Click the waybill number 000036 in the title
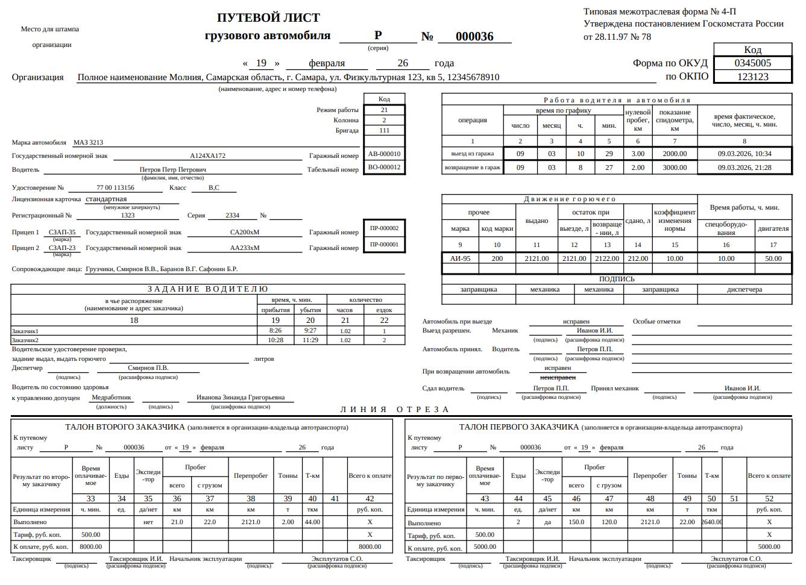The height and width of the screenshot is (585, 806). pyautogui.click(x=474, y=36)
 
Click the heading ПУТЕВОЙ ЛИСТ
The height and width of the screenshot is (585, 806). pyautogui.click(x=268, y=17)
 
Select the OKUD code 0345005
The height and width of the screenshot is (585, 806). pyautogui.click(x=752, y=63)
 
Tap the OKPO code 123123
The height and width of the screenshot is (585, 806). pyautogui.click(x=752, y=77)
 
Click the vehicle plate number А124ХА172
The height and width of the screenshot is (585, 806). pyautogui.click(x=207, y=155)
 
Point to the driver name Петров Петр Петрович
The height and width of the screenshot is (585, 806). pyautogui.click(x=172, y=170)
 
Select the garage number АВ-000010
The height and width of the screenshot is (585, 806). pyautogui.click(x=384, y=154)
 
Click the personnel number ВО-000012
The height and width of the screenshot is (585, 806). pyautogui.click(x=384, y=167)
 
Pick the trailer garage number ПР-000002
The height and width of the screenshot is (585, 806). pyautogui.click(x=384, y=228)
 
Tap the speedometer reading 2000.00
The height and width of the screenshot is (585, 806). pyautogui.click(x=674, y=154)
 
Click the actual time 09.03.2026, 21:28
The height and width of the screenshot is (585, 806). pyautogui.click(x=744, y=167)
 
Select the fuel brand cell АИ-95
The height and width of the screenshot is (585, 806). pyautogui.click(x=460, y=258)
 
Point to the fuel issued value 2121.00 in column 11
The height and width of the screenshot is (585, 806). pyautogui.click(x=537, y=258)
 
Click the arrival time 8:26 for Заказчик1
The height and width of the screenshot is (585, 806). pyautogui.click(x=275, y=330)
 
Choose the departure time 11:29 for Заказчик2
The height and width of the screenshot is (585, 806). pyautogui.click(x=310, y=340)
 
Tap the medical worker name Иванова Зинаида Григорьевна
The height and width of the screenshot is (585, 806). pyautogui.click(x=240, y=398)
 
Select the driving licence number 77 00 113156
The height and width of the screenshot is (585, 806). pyautogui.click(x=115, y=188)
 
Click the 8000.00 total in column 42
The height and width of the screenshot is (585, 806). pyautogui.click(x=370, y=546)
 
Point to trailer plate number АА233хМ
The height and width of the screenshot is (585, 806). pyautogui.click(x=244, y=248)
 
